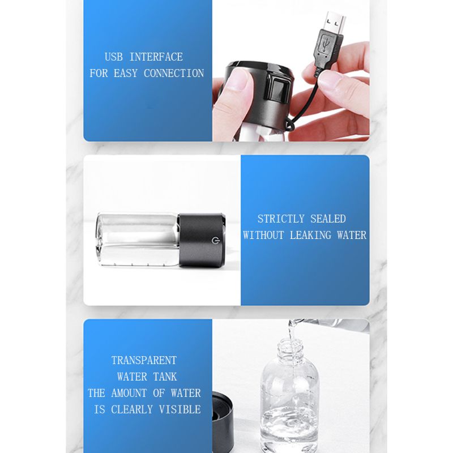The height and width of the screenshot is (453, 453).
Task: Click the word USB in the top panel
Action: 114,57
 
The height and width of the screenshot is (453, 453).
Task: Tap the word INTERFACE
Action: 156,57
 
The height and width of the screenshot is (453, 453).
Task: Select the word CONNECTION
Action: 174,73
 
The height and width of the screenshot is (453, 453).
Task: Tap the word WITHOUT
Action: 264,235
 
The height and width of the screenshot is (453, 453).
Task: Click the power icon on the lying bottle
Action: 215,241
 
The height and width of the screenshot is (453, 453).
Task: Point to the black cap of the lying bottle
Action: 201,241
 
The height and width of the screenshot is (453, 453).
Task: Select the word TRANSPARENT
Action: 144,360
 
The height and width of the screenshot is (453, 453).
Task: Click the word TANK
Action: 164,377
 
